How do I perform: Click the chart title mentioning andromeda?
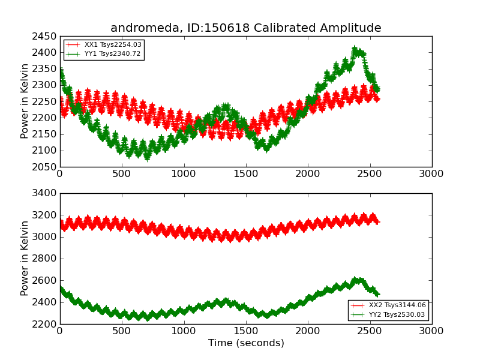click(x=245, y=28)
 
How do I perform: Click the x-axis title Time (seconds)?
click(x=246, y=343)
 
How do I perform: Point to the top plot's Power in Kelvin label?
click(x=25, y=101)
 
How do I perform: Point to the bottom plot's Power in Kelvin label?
click(x=25, y=258)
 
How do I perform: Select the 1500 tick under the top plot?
click(x=246, y=174)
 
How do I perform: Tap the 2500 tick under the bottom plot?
click(x=370, y=331)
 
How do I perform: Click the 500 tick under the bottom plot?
click(x=122, y=331)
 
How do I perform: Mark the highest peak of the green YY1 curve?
click(x=355, y=49)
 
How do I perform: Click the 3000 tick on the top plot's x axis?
click(x=432, y=174)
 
